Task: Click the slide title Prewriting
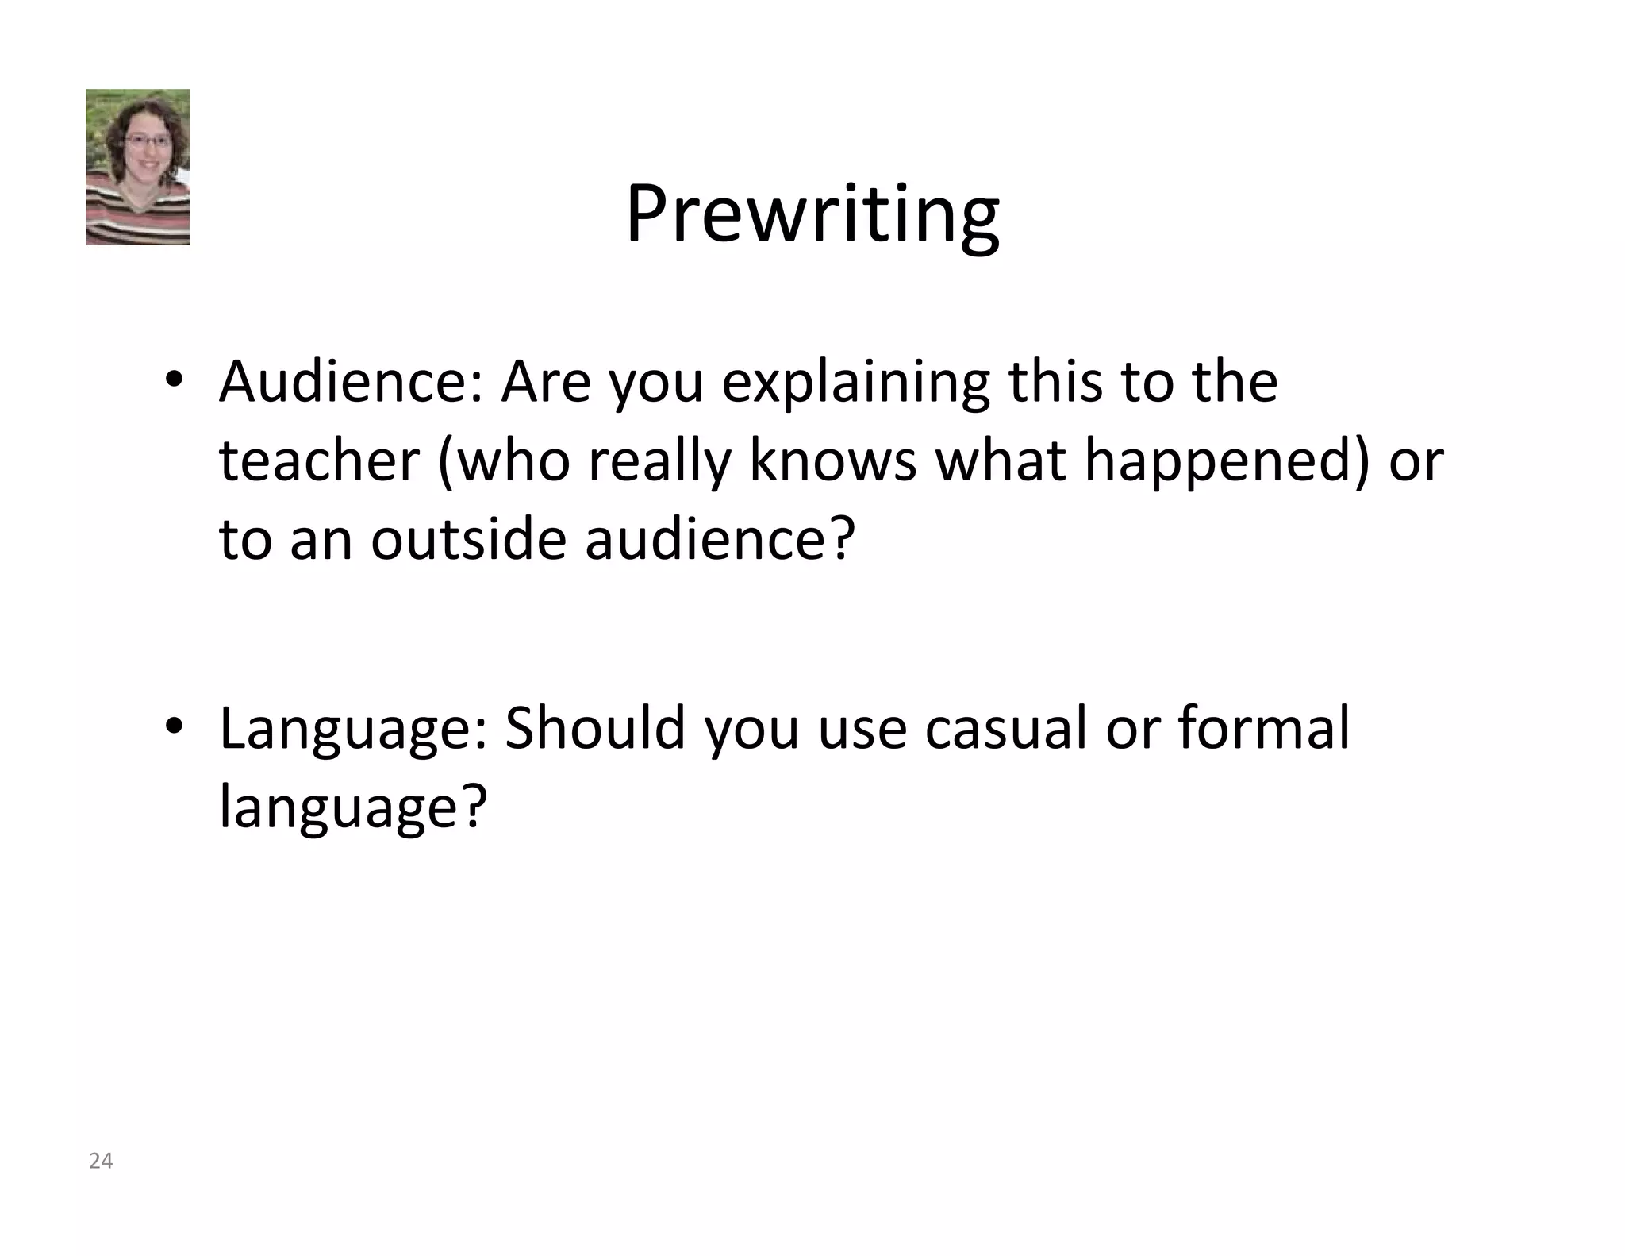pos(812,214)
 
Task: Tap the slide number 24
pos(101,1161)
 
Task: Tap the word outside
pos(468,539)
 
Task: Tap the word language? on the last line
pos(352,808)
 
